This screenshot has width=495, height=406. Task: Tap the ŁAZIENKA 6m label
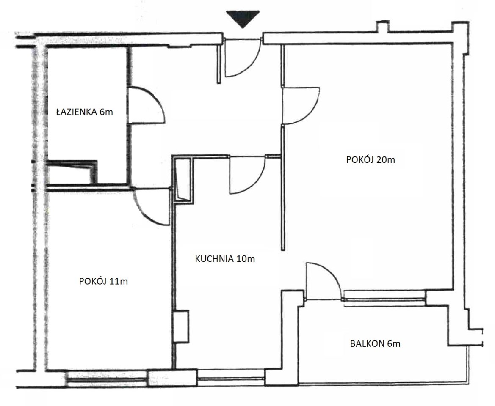point(84,112)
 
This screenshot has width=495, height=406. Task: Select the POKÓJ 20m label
point(371,159)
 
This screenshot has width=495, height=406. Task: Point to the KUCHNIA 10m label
point(225,259)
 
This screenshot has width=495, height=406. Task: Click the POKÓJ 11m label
point(103,281)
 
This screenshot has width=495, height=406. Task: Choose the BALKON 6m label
point(375,343)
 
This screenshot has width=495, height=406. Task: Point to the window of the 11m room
point(107,378)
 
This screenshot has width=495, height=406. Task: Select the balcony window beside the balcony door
point(384,295)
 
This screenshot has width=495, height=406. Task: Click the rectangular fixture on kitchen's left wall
point(181,326)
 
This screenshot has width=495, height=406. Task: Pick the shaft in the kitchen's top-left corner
point(183,180)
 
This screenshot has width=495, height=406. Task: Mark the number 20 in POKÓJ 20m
point(382,160)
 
